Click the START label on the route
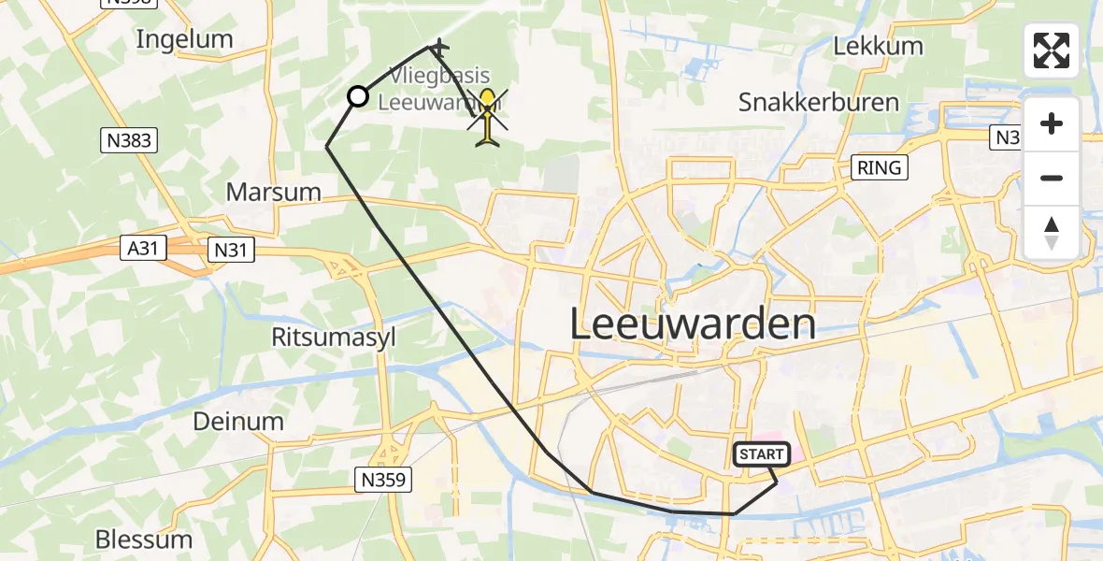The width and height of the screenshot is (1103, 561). coord(762,454)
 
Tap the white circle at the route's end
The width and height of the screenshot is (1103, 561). coord(358,96)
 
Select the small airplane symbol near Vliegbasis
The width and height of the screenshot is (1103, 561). coord(438,46)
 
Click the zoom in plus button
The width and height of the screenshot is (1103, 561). coord(1052,124)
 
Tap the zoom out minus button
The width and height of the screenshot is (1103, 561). coord(1052,178)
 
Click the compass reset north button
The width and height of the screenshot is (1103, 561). coord(1052,232)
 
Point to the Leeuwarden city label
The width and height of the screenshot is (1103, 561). coord(692,324)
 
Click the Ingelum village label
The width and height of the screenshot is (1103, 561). coord(184,39)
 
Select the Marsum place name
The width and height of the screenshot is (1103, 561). coord(273,193)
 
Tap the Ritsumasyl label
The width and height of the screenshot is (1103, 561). coord(334,337)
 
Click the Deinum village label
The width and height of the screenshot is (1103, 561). coord(237,421)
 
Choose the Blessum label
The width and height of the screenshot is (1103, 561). coord(144,539)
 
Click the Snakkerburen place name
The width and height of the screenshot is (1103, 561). coord(819,102)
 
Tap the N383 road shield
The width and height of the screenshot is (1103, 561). coord(128,141)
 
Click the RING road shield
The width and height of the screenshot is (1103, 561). coord(880,167)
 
